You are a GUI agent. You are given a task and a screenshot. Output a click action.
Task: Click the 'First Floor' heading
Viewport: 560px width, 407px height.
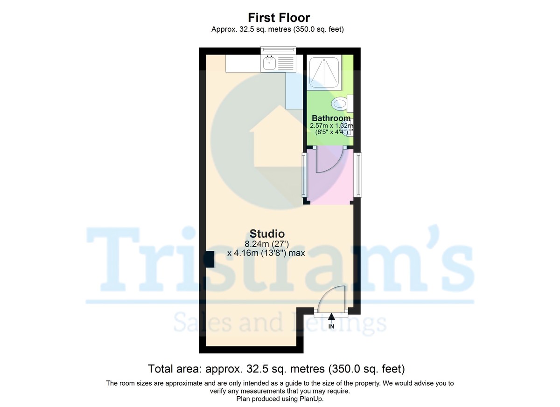[279, 18]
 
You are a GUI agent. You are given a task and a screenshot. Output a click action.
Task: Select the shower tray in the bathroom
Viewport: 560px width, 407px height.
[325, 73]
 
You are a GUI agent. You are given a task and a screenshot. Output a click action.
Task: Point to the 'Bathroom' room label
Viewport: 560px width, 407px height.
[331, 118]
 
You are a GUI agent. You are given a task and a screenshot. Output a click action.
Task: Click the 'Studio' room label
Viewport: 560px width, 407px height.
[267, 234]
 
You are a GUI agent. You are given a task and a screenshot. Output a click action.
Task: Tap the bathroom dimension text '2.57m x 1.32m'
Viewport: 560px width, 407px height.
[331, 125]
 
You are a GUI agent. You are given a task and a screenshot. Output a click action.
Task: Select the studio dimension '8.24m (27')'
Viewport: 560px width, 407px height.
[267, 243]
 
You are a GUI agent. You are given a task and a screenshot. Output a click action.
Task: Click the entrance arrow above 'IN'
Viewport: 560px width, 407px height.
[331, 317]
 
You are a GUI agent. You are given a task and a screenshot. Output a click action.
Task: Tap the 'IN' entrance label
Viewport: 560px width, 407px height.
[331, 326]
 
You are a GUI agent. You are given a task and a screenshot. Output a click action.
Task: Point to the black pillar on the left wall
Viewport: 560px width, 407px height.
[210, 259]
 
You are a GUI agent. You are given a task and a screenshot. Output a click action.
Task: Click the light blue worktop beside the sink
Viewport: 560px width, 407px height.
[294, 91]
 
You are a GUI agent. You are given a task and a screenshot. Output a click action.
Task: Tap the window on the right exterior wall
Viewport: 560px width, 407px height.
[359, 175]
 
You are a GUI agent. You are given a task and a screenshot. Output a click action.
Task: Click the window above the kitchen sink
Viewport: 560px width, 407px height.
[278, 49]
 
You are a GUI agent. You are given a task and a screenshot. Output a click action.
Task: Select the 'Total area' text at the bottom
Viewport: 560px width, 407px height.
[276, 369]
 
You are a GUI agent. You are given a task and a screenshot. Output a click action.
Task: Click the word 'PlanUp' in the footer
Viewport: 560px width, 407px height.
[313, 399]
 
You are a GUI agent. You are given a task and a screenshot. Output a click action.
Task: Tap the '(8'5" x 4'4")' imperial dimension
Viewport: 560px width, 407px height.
[331, 132]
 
